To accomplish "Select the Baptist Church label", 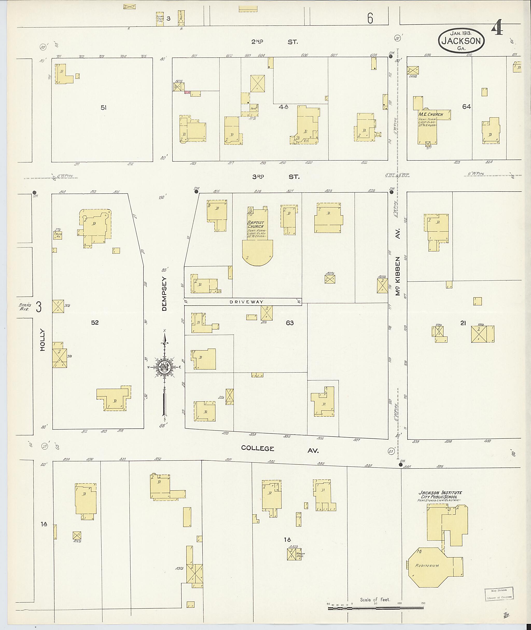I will point(255,224).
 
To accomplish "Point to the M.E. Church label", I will point(430,114).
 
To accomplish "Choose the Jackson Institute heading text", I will point(440,493).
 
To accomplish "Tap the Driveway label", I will point(246,302).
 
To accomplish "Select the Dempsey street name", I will point(164,294).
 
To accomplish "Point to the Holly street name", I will point(42,340).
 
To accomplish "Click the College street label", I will point(258,448).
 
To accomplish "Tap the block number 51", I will point(103,108).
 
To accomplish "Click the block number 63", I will point(290,323).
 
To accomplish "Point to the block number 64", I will point(466,107).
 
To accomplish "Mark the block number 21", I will point(463,323).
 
